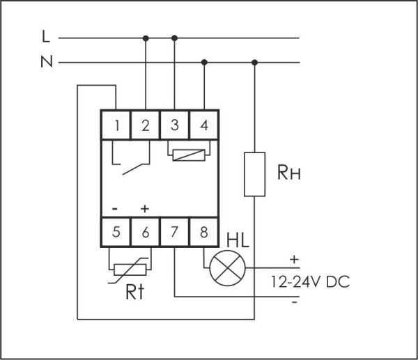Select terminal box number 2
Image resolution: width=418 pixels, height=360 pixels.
[x=145, y=125]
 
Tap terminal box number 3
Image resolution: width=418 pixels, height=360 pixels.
[x=174, y=125]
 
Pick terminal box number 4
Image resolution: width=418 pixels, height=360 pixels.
[x=203, y=125]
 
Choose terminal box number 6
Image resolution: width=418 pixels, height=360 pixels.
[x=145, y=233]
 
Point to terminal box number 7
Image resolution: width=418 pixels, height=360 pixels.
[x=174, y=233]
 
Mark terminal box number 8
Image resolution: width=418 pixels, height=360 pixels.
[x=203, y=233]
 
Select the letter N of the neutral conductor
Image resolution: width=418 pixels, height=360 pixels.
[x=46, y=63]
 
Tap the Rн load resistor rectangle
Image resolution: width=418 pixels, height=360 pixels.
[x=254, y=173]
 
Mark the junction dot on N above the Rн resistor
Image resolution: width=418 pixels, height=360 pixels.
[x=254, y=63]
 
